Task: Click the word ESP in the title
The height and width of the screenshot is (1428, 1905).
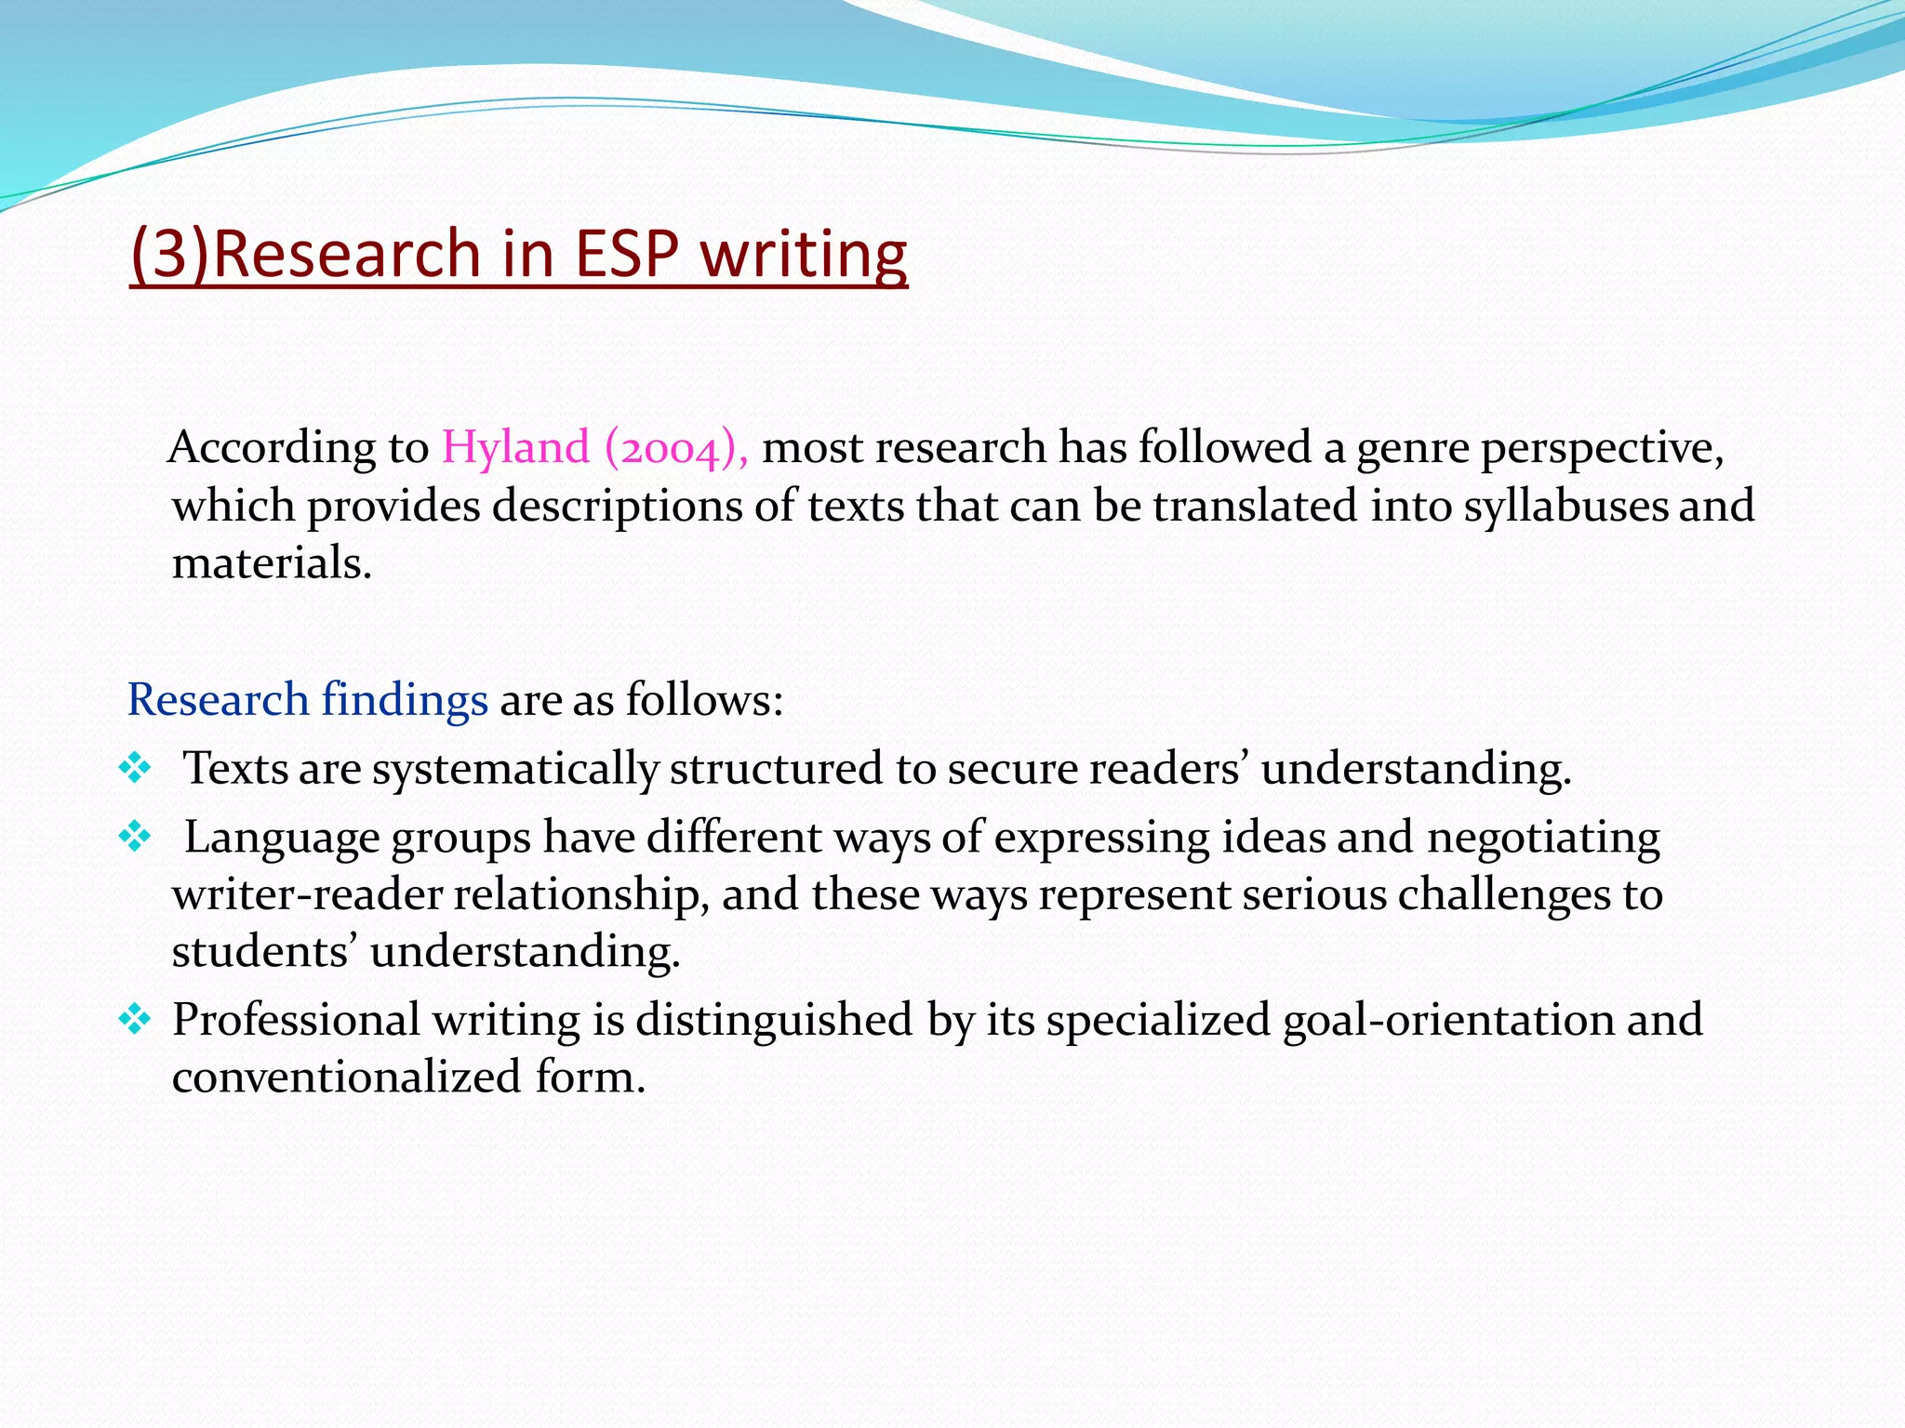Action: [x=627, y=254]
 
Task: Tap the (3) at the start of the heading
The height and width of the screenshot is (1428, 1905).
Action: [x=170, y=254]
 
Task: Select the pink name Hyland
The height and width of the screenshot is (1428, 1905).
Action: [x=515, y=448]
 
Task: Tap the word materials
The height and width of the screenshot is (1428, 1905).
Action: [x=272, y=563]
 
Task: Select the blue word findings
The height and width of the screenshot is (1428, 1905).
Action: [x=404, y=699]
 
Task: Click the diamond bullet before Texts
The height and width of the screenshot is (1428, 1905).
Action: [x=135, y=768]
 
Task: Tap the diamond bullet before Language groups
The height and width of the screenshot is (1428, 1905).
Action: [x=135, y=837]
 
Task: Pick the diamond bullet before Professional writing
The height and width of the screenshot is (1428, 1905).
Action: [x=135, y=1020]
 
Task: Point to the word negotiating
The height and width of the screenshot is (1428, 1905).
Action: [x=1543, y=839]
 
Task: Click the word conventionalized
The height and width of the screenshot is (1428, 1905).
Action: [x=346, y=1078]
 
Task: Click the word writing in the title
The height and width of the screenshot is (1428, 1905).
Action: [x=804, y=254]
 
